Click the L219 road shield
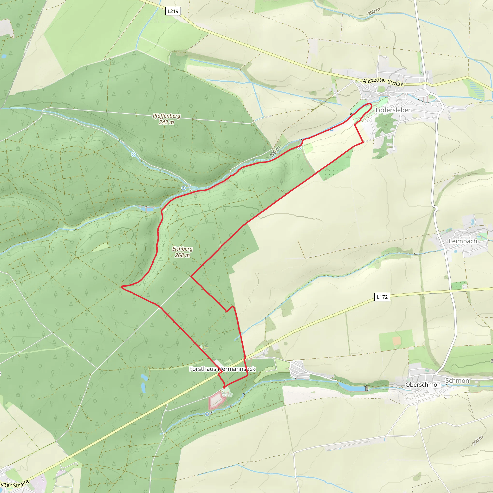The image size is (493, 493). pyautogui.click(x=173, y=11)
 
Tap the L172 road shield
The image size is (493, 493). pyautogui.click(x=382, y=297)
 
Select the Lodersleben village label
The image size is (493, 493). pyautogui.click(x=394, y=110)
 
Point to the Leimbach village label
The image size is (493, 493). pyautogui.click(x=463, y=241)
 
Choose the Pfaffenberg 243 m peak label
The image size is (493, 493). pyautogui.click(x=166, y=119)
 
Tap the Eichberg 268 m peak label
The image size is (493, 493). pyautogui.click(x=182, y=252)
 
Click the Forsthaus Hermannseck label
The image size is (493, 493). pyautogui.click(x=222, y=369)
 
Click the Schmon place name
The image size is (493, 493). pyautogui.click(x=457, y=381)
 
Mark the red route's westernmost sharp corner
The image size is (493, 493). pyautogui.click(x=122, y=287)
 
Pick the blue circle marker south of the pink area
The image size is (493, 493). pyautogui.click(x=207, y=414)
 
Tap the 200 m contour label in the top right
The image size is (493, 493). pyautogui.click(x=374, y=12)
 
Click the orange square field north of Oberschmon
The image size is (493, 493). pyautogui.click(x=396, y=340)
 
